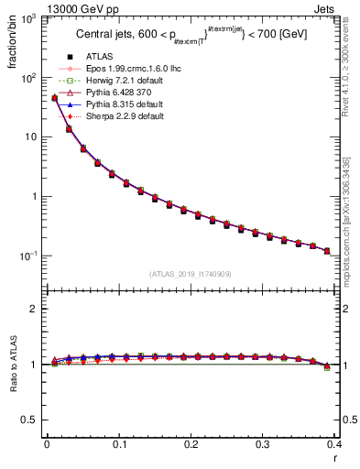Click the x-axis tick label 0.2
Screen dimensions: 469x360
pos(191,443)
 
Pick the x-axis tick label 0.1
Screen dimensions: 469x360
pos(119,443)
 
